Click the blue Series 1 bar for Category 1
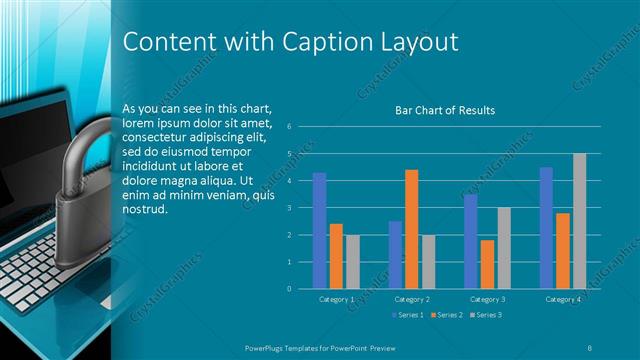click(x=319, y=231)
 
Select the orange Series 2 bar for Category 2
click(x=411, y=229)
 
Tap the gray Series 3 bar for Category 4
click(x=579, y=221)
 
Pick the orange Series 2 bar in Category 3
click(x=487, y=264)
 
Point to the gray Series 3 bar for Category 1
click(x=352, y=261)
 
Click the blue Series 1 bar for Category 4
click(x=546, y=228)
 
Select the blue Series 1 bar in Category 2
click(x=395, y=255)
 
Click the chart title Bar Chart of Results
click(x=446, y=111)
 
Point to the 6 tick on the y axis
click(x=288, y=127)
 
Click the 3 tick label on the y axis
click(x=288, y=208)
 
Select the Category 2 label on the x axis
click(x=411, y=299)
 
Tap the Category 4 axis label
click(x=563, y=299)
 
